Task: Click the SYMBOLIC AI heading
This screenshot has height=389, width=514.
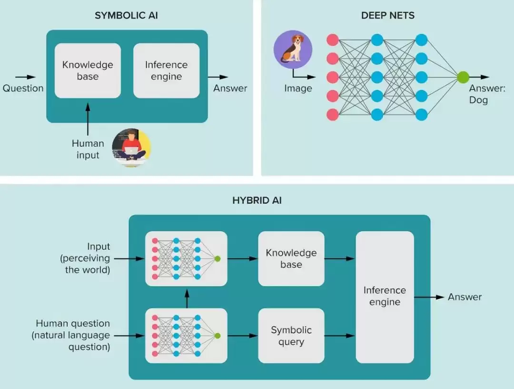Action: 126,15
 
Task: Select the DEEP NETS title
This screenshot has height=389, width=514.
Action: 388,15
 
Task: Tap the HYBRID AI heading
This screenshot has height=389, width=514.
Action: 257,200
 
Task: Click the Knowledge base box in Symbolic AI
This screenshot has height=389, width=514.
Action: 88,70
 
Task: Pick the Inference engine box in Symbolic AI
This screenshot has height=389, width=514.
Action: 167,70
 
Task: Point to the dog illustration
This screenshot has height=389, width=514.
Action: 293,49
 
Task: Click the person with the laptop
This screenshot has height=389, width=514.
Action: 131,147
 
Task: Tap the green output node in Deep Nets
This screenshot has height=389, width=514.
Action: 463,78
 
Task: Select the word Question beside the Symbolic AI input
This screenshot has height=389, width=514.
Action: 23,88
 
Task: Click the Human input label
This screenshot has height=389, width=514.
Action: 88,149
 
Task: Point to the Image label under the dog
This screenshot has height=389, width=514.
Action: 298,88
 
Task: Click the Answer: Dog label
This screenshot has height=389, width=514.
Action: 487,94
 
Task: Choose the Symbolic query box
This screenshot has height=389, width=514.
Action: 291,336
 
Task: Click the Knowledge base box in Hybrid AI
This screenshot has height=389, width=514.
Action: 291,259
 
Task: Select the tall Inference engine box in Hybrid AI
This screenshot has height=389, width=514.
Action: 385,297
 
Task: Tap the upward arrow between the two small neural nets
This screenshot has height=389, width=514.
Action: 187,299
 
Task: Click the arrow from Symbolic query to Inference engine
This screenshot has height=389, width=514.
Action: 340,336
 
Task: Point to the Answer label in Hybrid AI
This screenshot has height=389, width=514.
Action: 465,297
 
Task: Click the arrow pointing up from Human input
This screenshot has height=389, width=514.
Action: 88,119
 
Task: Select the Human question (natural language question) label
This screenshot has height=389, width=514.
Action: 71,335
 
